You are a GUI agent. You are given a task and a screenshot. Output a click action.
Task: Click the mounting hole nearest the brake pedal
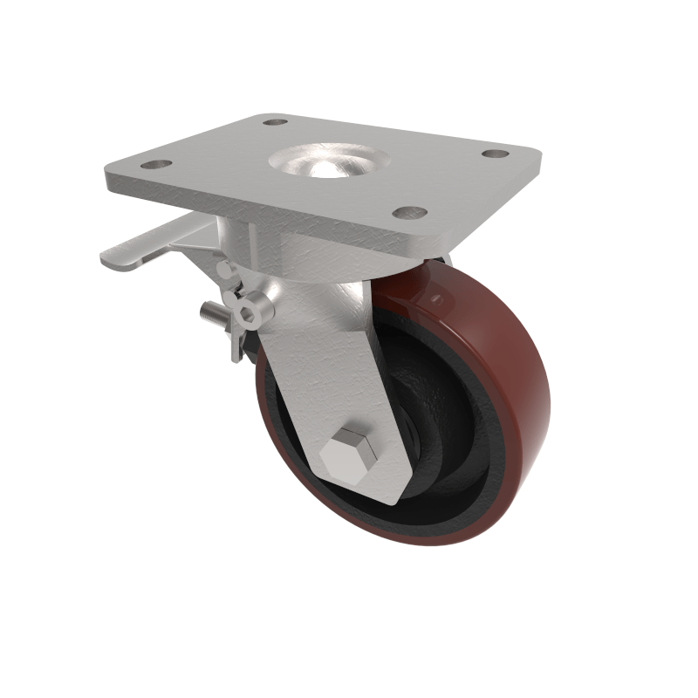[156, 163]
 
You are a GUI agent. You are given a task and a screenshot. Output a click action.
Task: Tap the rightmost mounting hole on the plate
[495, 154]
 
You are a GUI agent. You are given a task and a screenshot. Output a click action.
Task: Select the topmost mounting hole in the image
[275, 123]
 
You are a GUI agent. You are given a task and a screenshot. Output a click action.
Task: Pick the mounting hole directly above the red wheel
[408, 212]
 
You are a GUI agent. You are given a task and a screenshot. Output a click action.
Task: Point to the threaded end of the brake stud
[209, 311]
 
